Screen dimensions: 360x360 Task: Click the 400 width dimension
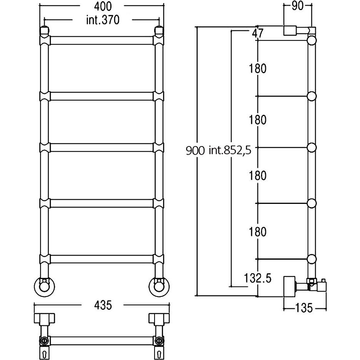coord(103,6)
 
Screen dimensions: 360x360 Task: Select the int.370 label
coord(103,20)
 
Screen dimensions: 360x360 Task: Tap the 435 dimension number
coord(103,305)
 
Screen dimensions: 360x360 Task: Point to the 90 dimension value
coord(298,6)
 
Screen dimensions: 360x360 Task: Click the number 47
coord(257,34)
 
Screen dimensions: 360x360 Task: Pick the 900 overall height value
coord(195,151)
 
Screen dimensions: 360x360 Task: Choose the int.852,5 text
coord(230,151)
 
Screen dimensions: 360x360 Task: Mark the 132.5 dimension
coord(257,278)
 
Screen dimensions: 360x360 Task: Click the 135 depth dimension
coord(303,308)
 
